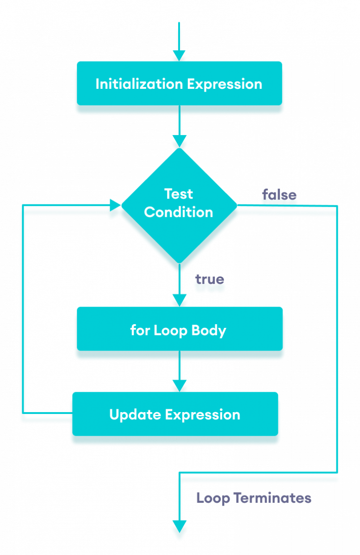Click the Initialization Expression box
(x=179, y=84)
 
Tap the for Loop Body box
(x=179, y=330)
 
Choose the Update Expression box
(x=175, y=414)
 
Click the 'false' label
(x=279, y=195)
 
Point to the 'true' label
(x=210, y=280)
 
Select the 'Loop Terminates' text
(x=254, y=498)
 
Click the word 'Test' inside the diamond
(x=179, y=194)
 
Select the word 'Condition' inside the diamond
(x=179, y=212)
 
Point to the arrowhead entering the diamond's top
(x=179, y=141)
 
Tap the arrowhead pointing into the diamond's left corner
(x=114, y=205)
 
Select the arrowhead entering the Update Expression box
(x=179, y=385)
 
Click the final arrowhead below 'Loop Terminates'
(x=179, y=527)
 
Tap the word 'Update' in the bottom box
(x=131, y=414)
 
